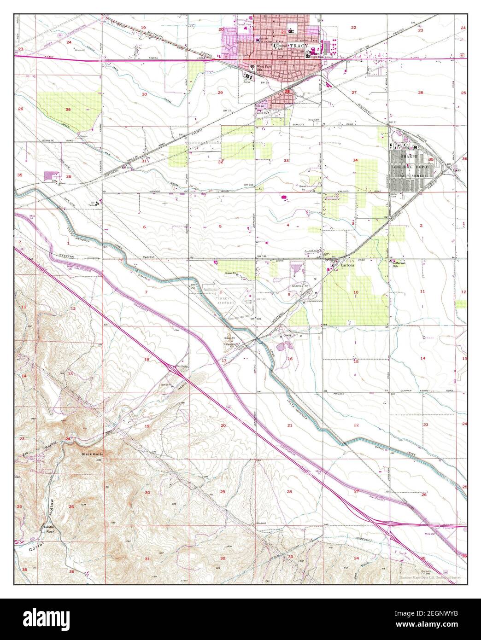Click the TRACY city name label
299,47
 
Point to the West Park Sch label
264,68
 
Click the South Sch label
262,112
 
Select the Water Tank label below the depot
396,195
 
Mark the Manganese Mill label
232,344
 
